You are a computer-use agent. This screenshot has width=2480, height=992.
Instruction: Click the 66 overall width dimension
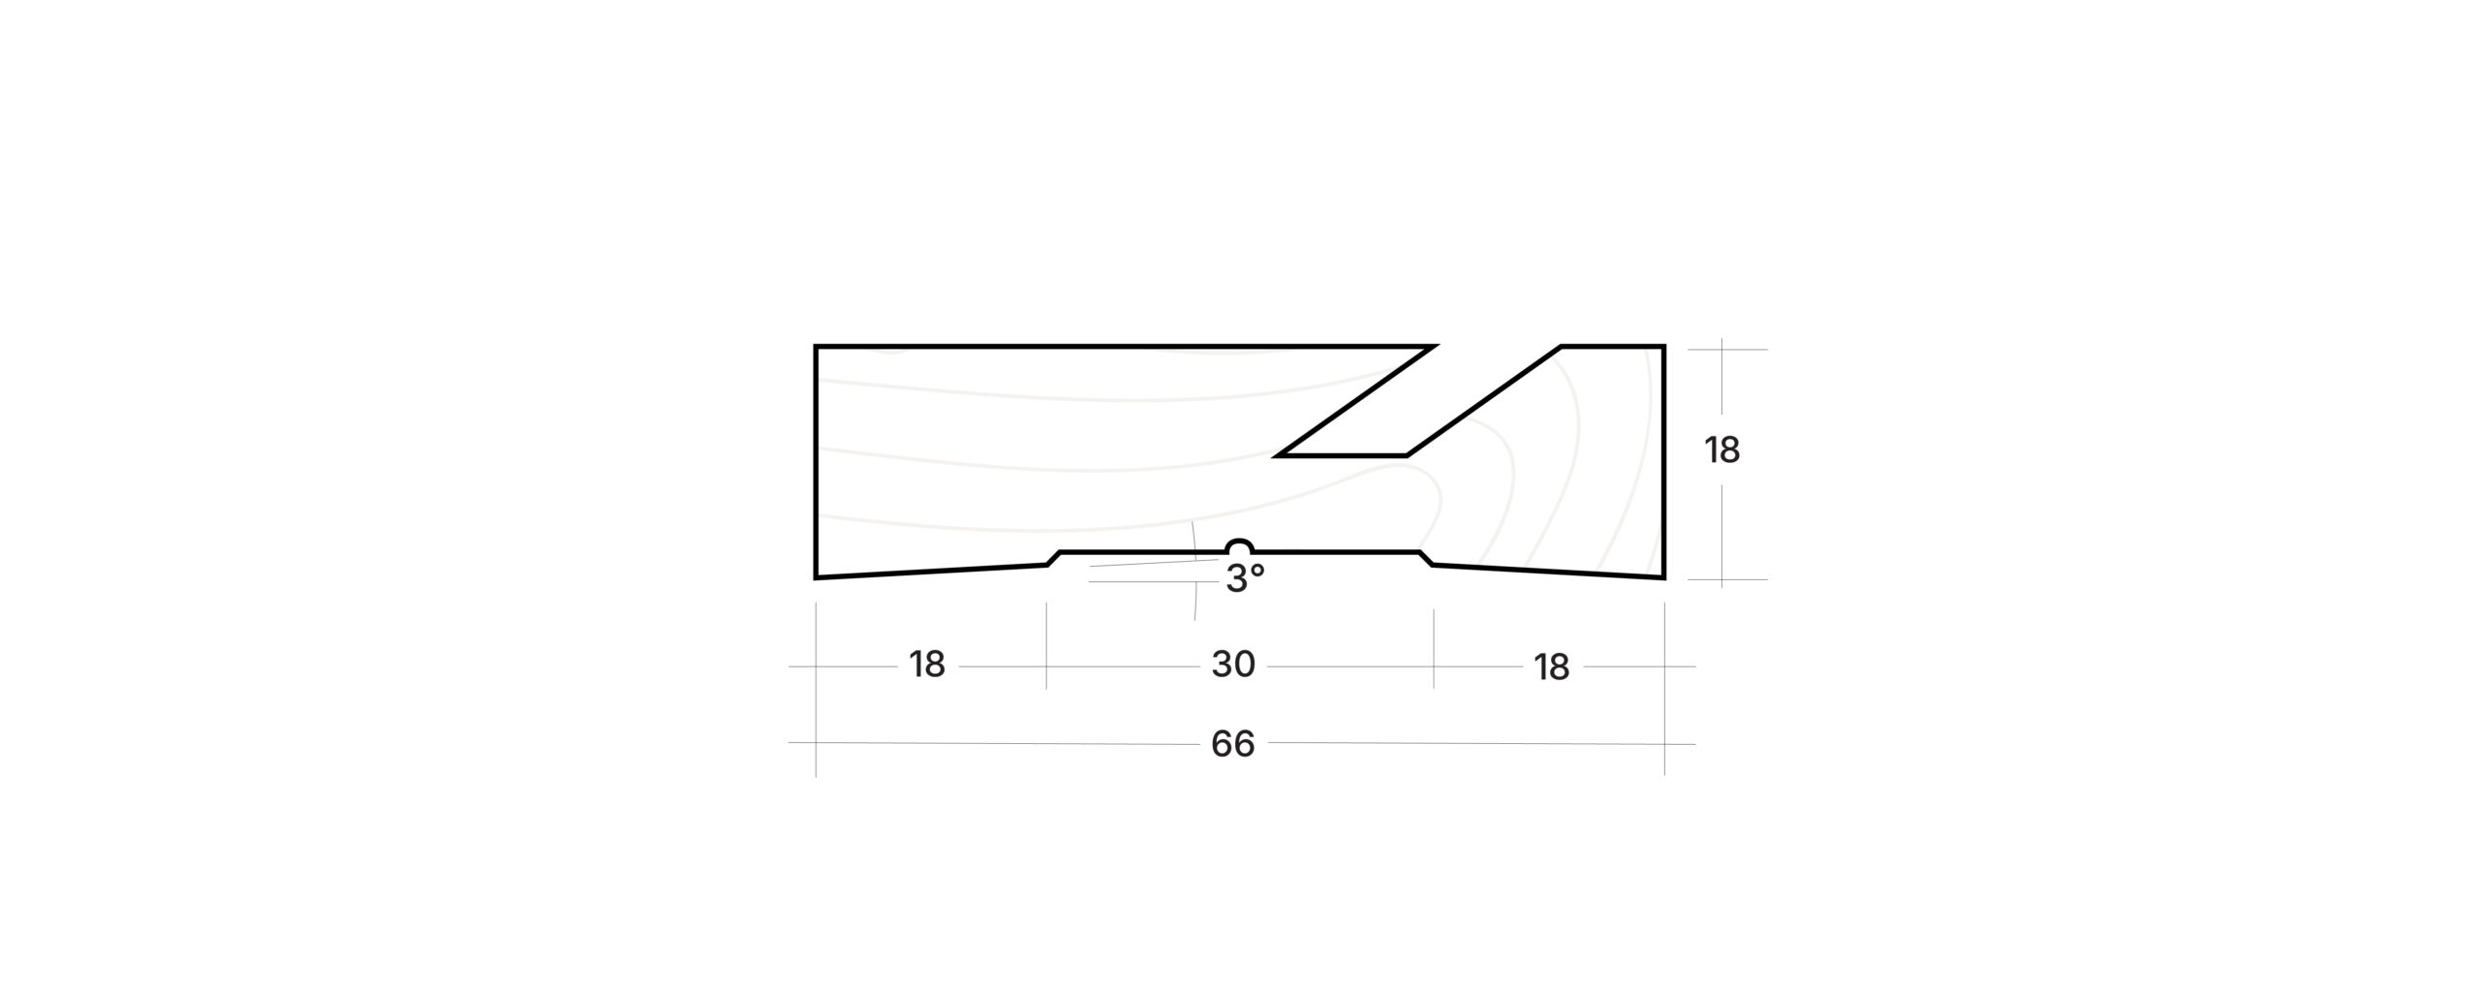[x=1232, y=744]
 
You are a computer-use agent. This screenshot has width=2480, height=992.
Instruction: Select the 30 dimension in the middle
[x=1233, y=665]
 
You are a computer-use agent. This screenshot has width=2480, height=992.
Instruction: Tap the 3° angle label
[x=1245, y=579]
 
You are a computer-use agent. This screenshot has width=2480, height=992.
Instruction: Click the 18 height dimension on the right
[x=1722, y=450]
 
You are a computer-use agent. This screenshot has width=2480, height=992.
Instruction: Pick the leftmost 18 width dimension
[x=927, y=665]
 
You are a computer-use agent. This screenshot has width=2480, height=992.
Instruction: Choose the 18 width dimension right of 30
[x=1551, y=667]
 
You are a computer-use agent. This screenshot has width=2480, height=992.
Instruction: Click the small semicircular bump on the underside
[x=1240, y=544]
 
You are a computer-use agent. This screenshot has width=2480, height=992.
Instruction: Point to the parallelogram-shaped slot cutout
[x=1419, y=400]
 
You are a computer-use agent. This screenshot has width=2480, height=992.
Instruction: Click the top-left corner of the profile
[x=816, y=346]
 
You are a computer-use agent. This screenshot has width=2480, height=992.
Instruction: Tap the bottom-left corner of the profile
[x=816, y=578]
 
